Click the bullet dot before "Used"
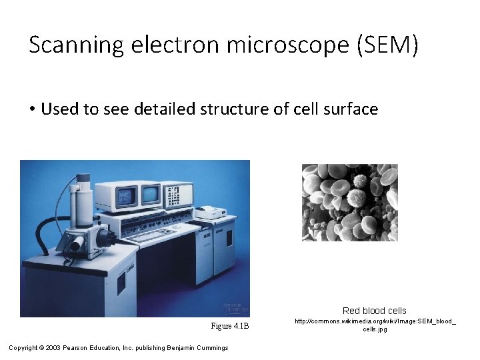(33, 109)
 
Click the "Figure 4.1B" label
(229, 326)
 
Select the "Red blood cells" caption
(374, 311)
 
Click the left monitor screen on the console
(126, 196)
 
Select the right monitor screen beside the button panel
(151, 194)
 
